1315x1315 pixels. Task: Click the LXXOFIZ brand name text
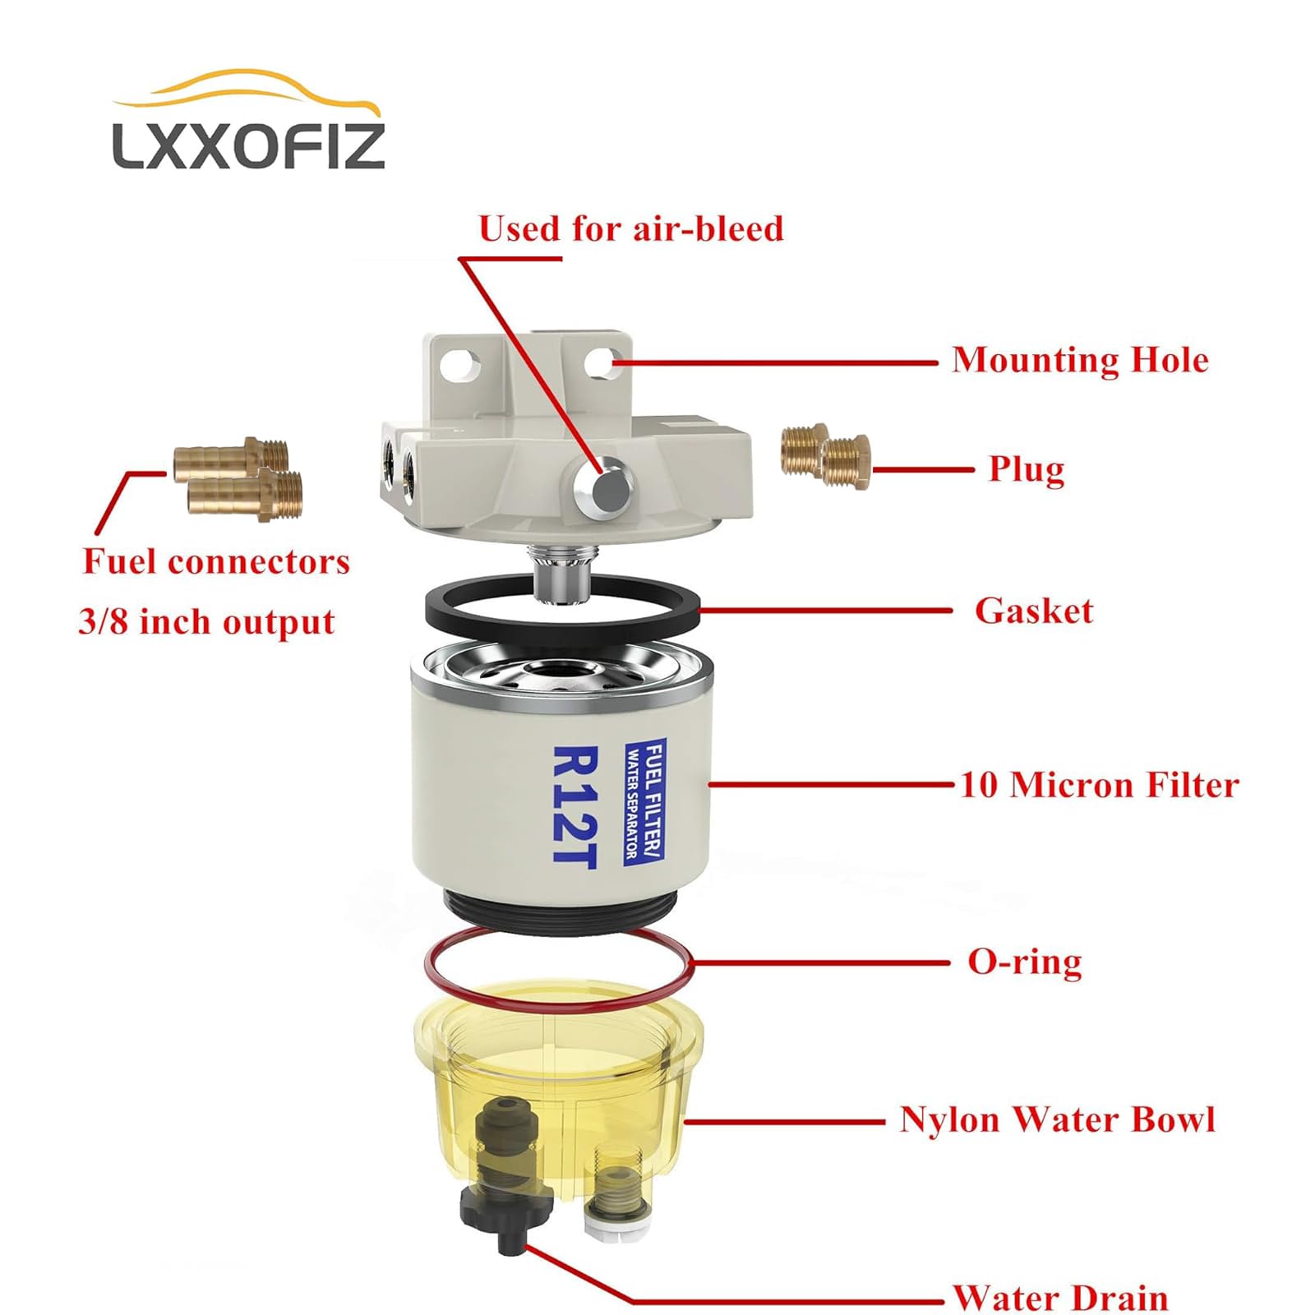click(x=248, y=146)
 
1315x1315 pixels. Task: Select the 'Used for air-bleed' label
click(x=630, y=229)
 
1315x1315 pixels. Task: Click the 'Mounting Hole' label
click(x=1080, y=361)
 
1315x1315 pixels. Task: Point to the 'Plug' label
click(x=1026, y=469)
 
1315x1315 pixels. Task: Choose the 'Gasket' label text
click(x=1034, y=611)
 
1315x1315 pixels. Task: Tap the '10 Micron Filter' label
click(x=1099, y=785)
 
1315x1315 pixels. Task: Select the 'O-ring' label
click(x=1024, y=962)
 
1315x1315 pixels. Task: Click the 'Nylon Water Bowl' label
click(x=1057, y=1120)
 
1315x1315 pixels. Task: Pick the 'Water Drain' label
click(x=1060, y=1298)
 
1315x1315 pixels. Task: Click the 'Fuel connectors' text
click(x=216, y=562)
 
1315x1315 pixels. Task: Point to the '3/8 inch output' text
click(x=206, y=622)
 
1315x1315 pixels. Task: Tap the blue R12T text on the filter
click(x=575, y=805)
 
